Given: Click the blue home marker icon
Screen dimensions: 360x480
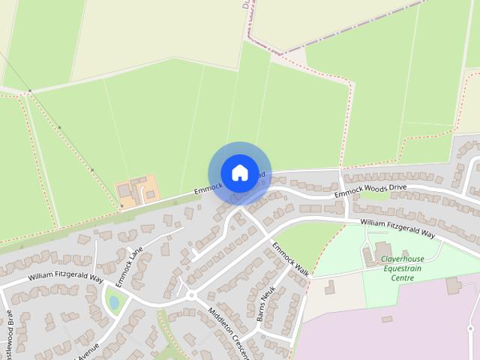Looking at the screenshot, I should (239, 172).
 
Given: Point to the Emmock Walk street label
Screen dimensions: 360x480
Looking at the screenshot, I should (290, 259).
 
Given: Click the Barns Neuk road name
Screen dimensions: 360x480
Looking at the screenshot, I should (265, 304).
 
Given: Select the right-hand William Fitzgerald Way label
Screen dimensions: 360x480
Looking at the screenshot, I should (397, 227).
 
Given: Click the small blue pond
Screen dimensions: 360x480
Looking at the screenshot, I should (113, 301).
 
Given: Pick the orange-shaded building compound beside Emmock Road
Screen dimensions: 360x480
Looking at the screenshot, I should (138, 190).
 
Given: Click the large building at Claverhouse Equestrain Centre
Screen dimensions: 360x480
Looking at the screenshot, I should (381, 253).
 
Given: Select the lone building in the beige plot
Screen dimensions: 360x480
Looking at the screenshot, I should (329, 286).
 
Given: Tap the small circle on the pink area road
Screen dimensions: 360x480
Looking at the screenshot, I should (470, 328).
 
